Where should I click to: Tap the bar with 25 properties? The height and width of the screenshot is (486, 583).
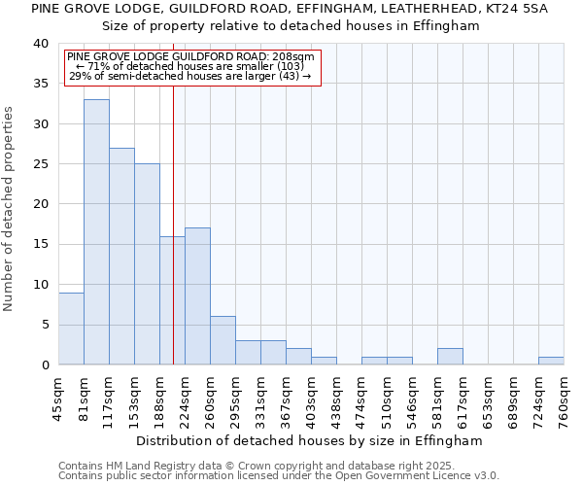coord(147,263)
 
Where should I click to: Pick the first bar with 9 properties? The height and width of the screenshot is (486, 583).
coord(71,329)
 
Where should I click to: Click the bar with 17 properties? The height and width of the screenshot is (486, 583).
coord(197,295)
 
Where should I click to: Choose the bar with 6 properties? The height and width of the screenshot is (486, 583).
coord(223,340)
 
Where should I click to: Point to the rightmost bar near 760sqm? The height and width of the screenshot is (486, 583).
coord(551,361)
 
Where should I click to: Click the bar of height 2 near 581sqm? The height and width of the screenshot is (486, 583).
coord(450,357)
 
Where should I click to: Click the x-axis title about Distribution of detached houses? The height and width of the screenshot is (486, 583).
coord(309,440)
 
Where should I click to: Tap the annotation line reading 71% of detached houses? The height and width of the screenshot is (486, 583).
coord(189,66)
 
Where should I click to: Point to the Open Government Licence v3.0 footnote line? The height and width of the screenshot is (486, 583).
coord(279,475)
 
